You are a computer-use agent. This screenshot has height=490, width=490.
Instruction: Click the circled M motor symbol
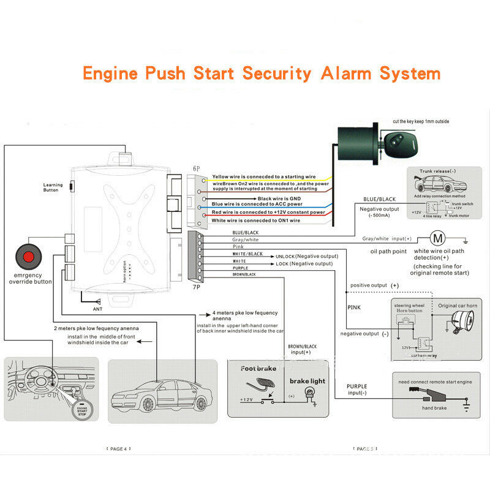tap(437, 237)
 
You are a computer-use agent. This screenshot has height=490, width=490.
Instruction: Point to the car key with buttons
tap(399, 143)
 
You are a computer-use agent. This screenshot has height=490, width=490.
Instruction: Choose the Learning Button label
tap(53, 187)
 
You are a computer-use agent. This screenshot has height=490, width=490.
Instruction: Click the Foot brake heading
tap(258, 369)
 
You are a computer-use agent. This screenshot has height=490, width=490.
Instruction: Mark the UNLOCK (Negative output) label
tap(306, 255)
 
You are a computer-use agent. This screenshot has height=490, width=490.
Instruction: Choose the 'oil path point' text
tap(388, 251)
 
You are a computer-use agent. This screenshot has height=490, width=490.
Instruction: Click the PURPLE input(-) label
tap(357, 390)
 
